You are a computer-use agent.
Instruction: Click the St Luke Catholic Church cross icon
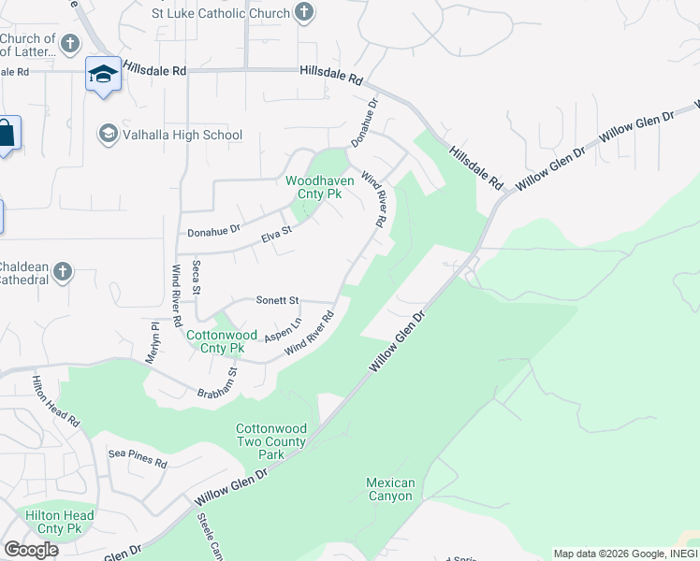coord(303,13)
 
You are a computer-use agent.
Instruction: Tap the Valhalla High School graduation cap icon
coord(108,135)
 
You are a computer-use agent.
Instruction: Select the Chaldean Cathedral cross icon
coord(62,272)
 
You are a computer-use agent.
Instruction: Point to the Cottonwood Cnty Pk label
coord(222,340)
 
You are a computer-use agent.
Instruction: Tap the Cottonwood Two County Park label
coord(271,441)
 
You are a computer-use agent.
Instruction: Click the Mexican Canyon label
coord(389,489)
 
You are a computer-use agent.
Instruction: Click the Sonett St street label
coord(277,301)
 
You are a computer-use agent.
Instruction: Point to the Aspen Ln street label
coord(283,329)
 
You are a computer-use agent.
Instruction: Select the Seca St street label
coord(197,278)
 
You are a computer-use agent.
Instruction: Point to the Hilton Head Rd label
coord(56,402)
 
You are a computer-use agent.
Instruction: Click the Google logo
coord(32,550)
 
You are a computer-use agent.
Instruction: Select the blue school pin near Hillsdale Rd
coord(103,75)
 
